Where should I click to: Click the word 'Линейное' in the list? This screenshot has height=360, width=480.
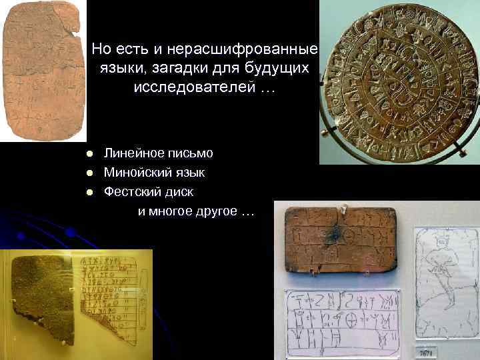coord(130,153)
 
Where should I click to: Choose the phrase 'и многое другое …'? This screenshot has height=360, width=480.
coord(196,212)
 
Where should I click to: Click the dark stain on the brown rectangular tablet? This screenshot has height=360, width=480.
coord(334,233)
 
